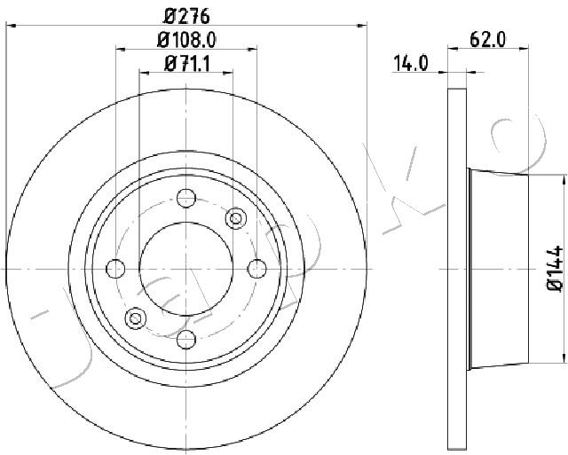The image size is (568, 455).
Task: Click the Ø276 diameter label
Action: tap(186, 16)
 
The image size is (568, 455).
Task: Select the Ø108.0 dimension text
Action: tap(186, 39)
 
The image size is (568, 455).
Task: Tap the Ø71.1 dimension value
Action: tap(187, 64)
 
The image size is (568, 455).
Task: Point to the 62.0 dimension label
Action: tap(487, 39)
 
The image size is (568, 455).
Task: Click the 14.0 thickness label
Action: tap(410, 64)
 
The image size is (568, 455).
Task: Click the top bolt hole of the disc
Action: tap(186, 198)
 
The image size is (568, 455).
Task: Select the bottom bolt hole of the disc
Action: tap(186, 340)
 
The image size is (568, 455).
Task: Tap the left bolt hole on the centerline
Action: tap(115, 269)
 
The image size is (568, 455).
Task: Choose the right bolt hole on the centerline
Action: tap(256, 269)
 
